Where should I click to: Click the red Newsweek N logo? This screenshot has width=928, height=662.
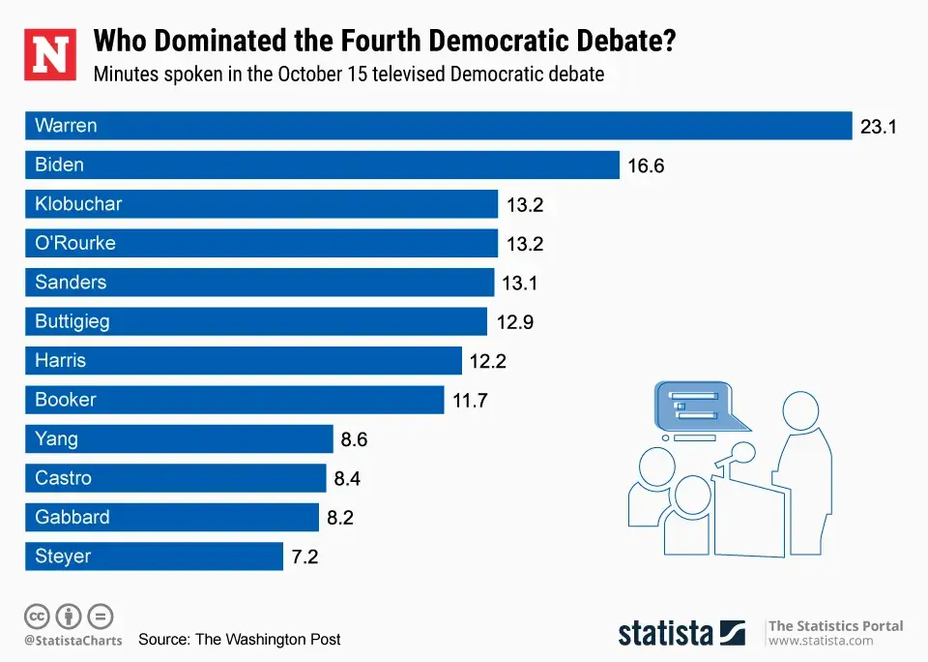51,54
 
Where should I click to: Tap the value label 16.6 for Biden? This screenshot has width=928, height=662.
646,165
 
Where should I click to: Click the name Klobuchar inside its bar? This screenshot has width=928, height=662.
78,204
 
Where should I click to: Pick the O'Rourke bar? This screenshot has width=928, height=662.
261,243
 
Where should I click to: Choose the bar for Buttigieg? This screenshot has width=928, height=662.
256,321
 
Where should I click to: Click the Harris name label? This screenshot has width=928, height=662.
60,361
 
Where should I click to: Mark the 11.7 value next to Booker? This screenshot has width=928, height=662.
470,400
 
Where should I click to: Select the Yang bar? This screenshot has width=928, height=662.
179,439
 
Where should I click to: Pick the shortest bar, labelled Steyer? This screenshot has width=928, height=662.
154,557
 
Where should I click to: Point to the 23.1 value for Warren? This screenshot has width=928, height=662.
879,126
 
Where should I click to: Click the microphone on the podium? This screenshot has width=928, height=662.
742,451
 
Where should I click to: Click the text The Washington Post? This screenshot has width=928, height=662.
268,639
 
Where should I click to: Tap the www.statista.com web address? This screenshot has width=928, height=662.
821,641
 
